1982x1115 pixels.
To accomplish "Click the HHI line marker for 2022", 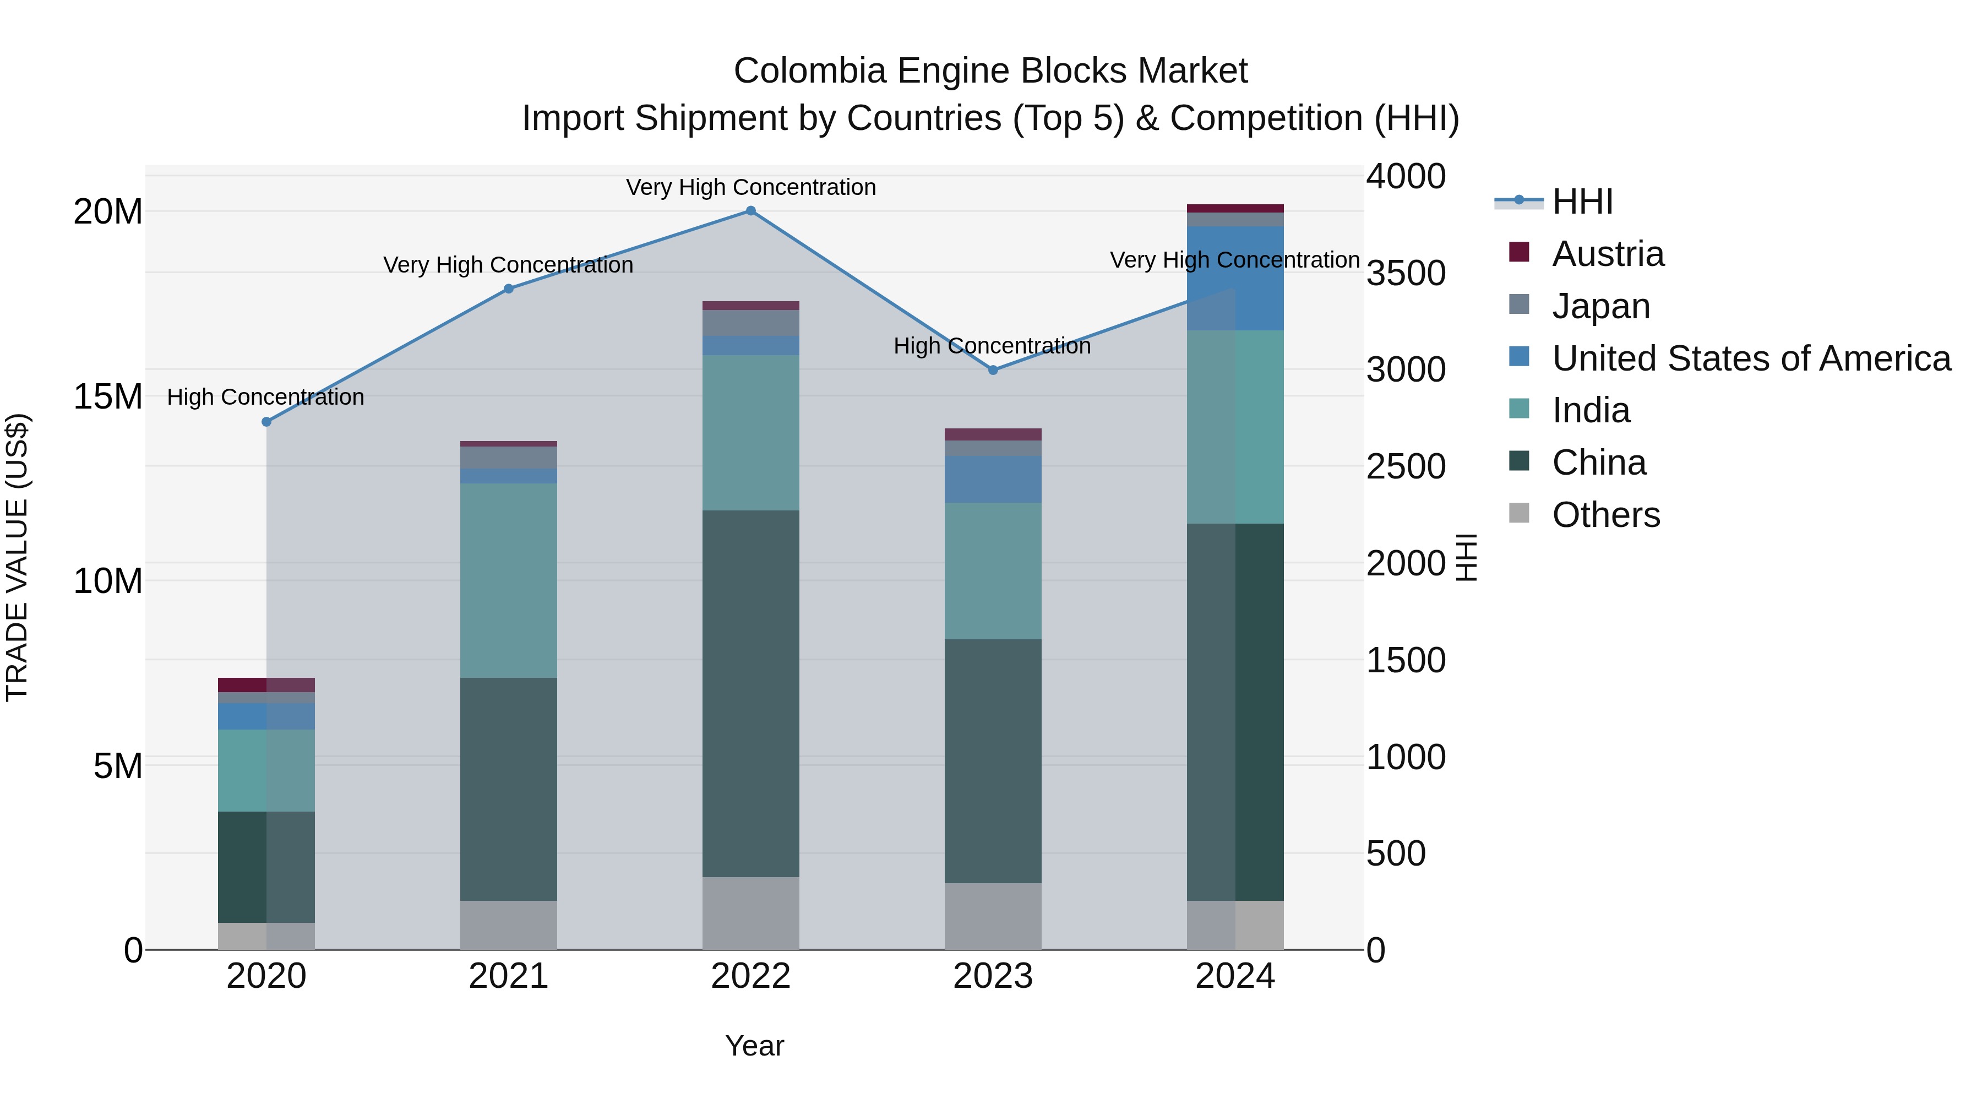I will (x=751, y=211).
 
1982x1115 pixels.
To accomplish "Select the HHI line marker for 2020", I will (x=266, y=422).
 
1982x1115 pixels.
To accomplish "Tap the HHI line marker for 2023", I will (x=993, y=370).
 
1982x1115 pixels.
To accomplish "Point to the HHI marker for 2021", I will (x=509, y=289).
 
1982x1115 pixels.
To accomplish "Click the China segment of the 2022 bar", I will (x=751, y=693).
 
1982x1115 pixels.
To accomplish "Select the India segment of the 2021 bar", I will (x=509, y=580).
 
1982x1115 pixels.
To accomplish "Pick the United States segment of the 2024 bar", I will (x=1235, y=278).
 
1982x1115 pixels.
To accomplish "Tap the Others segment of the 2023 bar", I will (x=993, y=916).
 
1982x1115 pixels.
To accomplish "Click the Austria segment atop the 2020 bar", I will (x=266, y=685).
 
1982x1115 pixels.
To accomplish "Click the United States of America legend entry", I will (x=1750, y=358).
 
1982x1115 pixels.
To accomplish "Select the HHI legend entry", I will (x=1582, y=202).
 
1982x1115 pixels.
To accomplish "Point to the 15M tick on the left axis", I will (x=108, y=397).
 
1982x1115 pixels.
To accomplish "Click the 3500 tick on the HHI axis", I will (x=1406, y=273).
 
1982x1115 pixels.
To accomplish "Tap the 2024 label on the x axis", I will (x=1235, y=976).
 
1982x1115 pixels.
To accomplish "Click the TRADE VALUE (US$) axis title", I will (x=17, y=557).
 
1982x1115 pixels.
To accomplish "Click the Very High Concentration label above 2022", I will (x=751, y=188).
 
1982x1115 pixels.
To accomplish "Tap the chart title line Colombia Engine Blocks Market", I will (x=990, y=71).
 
